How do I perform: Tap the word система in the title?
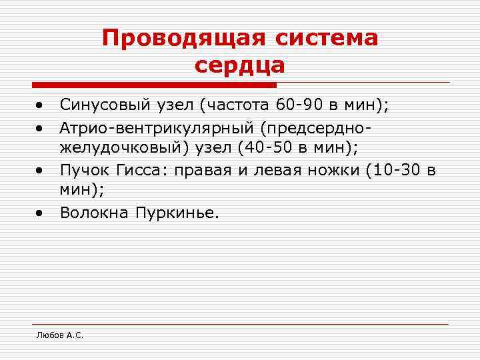325,38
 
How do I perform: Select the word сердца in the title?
240,65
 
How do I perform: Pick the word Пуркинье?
177,213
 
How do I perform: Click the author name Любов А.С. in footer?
59,335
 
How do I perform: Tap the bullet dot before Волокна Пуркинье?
41,213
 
